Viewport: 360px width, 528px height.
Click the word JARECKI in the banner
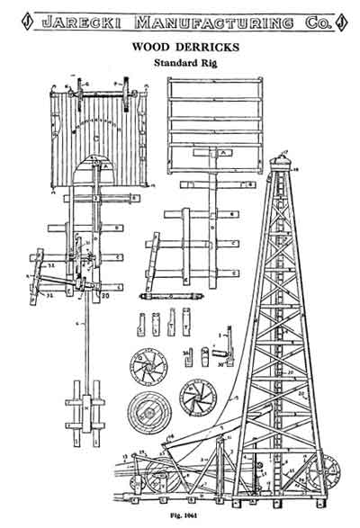85,17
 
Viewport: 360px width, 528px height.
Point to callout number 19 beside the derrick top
305,167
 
